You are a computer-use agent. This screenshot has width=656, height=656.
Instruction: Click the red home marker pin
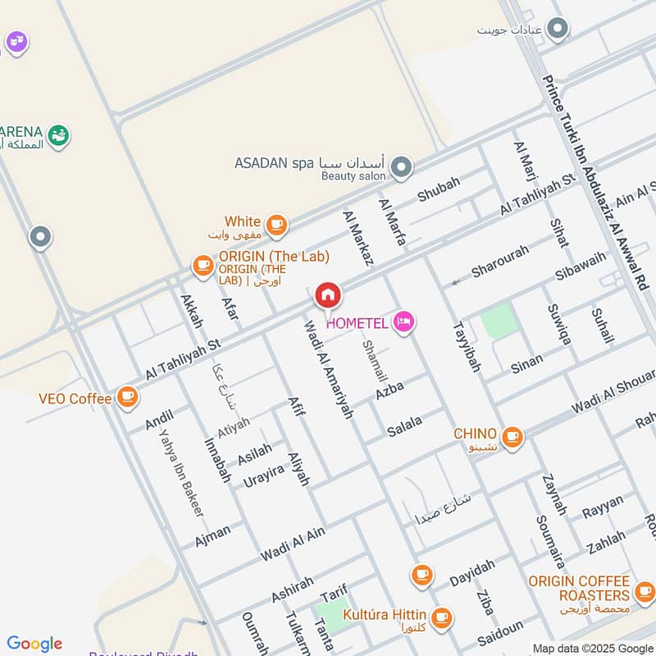point(327,294)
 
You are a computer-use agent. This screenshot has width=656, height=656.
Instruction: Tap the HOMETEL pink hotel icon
point(403,322)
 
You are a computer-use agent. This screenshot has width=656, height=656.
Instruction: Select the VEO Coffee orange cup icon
point(126,397)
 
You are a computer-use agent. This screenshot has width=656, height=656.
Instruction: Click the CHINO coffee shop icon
point(512,435)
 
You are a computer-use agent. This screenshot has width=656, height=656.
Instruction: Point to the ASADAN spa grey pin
point(401,168)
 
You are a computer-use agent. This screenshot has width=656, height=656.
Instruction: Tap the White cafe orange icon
point(277,223)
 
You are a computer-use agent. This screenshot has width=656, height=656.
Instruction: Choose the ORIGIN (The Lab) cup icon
point(203,264)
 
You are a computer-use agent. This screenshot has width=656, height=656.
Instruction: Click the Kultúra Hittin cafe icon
point(441,617)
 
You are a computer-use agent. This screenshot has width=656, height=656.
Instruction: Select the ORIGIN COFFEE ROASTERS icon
point(645,590)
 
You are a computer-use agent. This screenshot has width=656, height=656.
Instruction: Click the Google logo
point(34,644)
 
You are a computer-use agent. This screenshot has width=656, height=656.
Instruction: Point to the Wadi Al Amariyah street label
point(327,370)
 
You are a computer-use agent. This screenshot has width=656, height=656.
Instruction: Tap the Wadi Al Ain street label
point(293,544)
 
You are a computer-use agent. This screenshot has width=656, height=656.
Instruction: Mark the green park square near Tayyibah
point(499,321)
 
